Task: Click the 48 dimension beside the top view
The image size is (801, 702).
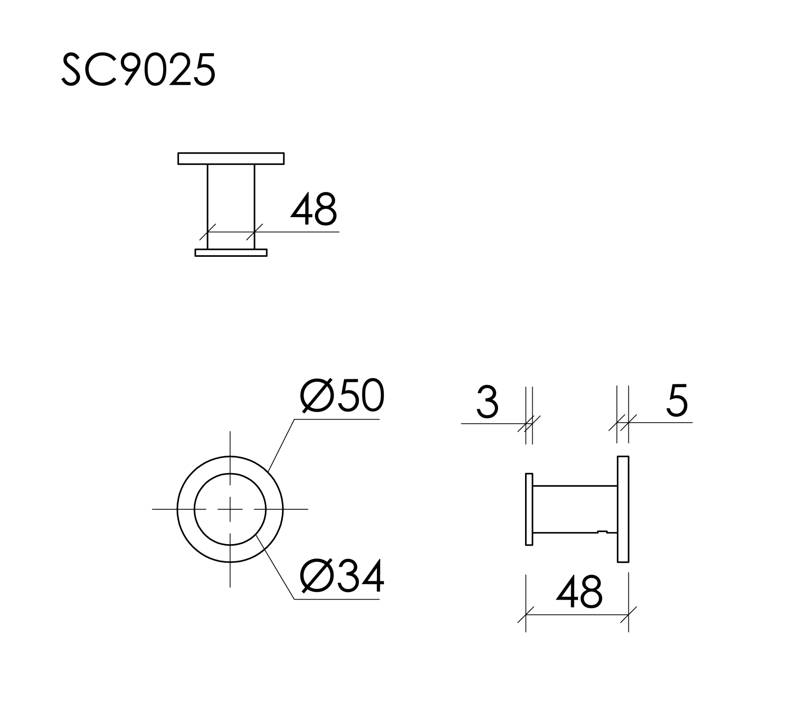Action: pyautogui.click(x=314, y=209)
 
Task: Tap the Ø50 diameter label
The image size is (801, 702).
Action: pyautogui.click(x=342, y=395)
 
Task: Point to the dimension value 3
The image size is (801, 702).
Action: pyautogui.click(x=487, y=402)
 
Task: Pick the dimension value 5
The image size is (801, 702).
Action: pyautogui.click(x=677, y=401)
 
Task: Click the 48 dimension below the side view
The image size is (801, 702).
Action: pyautogui.click(x=579, y=592)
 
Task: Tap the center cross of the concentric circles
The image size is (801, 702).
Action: pyautogui.click(x=230, y=509)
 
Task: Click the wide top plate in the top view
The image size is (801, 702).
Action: pyautogui.click(x=231, y=159)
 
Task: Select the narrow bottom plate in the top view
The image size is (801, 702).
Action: pyautogui.click(x=231, y=252)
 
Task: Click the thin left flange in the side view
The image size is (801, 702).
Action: pyautogui.click(x=529, y=509)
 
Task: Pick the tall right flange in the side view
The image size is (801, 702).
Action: pyautogui.click(x=623, y=509)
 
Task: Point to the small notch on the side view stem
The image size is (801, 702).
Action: pyautogui.click(x=602, y=532)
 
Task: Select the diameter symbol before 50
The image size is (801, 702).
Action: pyautogui.click(x=317, y=395)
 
